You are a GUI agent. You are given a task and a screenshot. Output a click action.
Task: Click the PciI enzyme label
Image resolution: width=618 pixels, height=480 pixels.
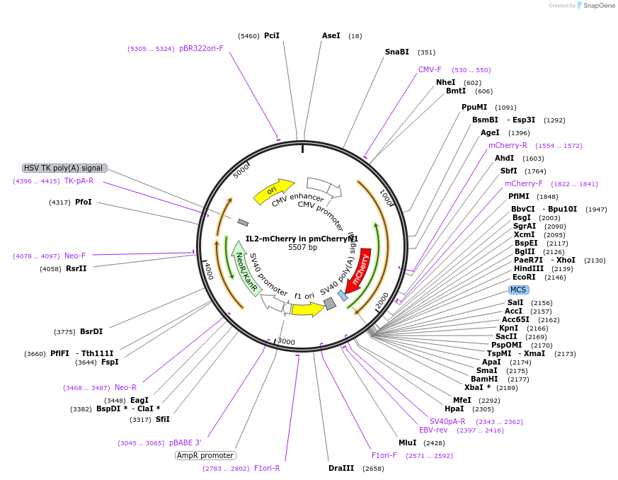(x=271, y=35)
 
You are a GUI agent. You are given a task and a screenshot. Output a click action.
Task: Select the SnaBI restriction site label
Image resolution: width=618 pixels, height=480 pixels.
(x=396, y=52)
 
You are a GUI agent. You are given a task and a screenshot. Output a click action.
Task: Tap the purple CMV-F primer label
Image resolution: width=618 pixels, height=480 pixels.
(x=430, y=69)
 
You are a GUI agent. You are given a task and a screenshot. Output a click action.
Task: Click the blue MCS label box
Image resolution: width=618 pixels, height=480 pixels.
(x=518, y=290)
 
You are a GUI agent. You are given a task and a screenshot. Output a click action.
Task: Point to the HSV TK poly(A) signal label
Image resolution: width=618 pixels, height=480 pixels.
(x=64, y=168)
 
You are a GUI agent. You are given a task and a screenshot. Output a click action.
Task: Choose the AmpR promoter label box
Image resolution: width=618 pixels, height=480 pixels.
(x=205, y=455)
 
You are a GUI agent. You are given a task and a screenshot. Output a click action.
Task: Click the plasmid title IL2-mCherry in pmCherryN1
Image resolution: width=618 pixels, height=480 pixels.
(x=302, y=239)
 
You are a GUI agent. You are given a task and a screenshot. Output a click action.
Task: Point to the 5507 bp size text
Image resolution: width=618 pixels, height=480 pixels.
(x=302, y=248)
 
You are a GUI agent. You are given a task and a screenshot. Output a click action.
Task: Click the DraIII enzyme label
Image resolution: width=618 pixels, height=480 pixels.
(x=341, y=468)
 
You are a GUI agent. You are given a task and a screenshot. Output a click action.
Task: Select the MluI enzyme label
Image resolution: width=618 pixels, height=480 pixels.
(x=407, y=442)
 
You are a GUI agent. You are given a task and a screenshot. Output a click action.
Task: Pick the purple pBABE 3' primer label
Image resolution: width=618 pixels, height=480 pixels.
(x=185, y=442)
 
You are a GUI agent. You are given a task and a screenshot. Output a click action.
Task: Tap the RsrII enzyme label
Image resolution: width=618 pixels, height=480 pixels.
(x=76, y=268)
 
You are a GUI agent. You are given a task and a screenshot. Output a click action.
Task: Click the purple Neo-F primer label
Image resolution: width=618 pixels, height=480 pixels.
(x=75, y=256)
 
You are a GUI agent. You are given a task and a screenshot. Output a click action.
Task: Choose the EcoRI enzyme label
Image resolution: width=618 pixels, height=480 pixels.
(x=524, y=277)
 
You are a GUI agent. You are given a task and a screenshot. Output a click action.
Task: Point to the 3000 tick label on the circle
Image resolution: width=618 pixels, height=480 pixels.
(x=286, y=341)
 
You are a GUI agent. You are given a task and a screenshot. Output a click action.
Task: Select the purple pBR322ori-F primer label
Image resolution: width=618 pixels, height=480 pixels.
(x=201, y=48)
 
